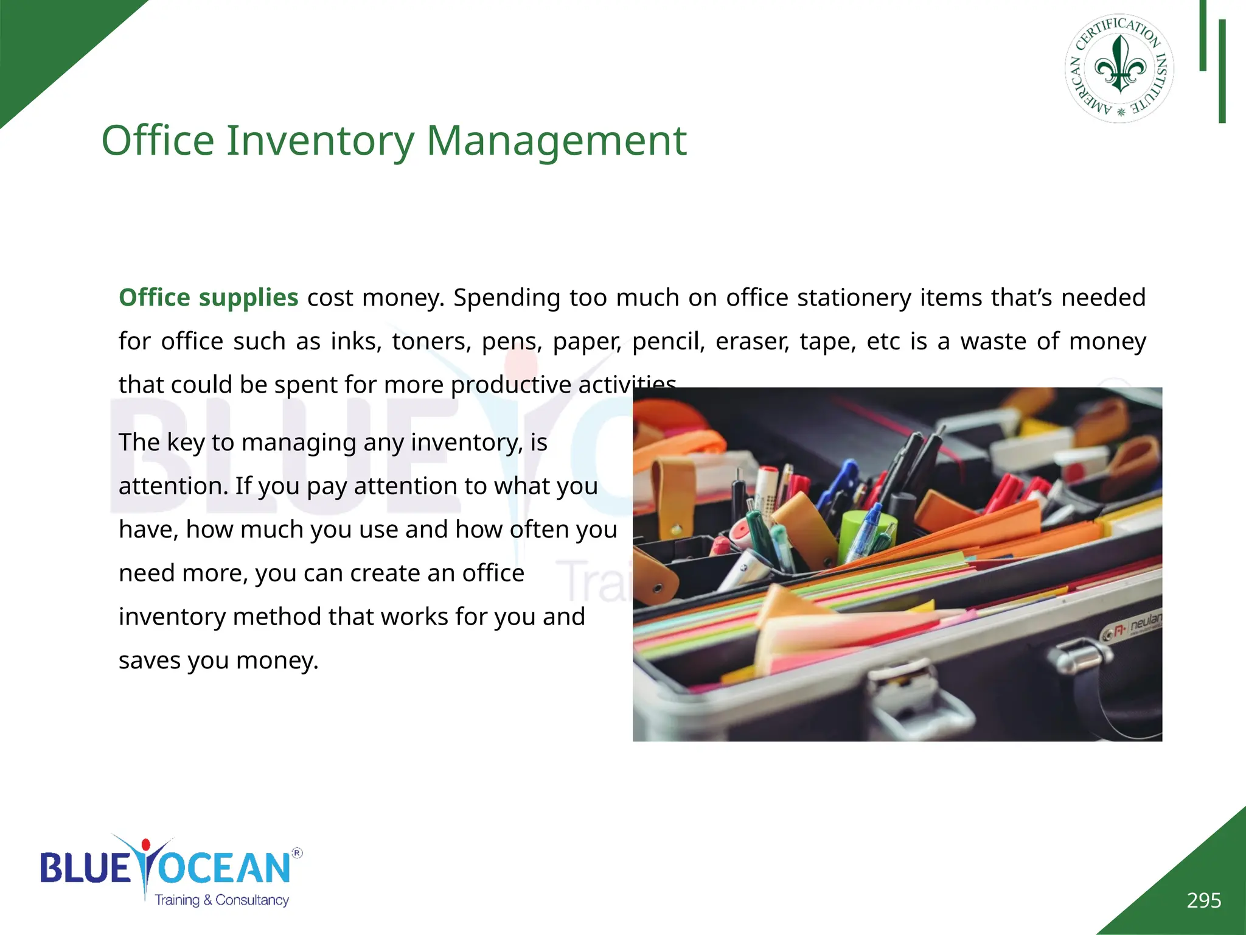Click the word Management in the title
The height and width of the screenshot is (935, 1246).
tap(556, 141)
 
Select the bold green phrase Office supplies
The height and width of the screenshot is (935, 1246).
tap(208, 298)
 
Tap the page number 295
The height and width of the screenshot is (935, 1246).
tap(1203, 900)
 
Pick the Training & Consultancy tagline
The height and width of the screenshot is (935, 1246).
tap(221, 900)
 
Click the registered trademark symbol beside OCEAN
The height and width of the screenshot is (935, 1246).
tap(297, 853)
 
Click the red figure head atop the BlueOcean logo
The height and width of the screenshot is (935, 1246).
tap(145, 845)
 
